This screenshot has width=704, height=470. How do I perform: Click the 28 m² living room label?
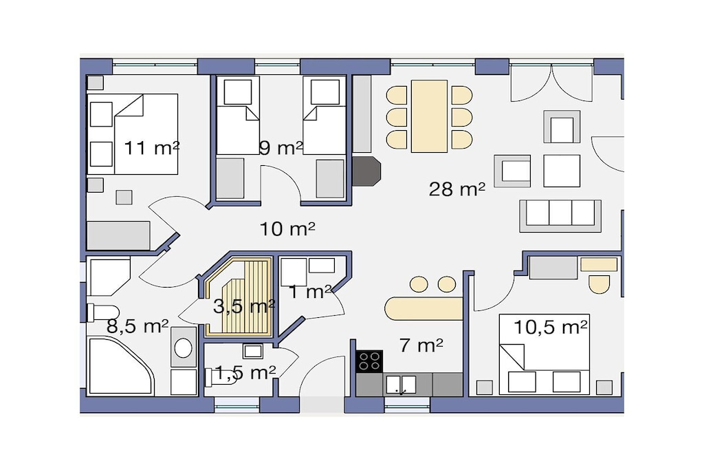point(456,189)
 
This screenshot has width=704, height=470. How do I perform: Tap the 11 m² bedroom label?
point(151,147)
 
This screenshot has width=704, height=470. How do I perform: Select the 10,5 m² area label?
point(550,327)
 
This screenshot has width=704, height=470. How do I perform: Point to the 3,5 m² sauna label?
point(244,306)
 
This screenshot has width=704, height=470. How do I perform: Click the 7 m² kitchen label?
point(421,345)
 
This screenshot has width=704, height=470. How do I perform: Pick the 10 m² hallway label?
point(287,228)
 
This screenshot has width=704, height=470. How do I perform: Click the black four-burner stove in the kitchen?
point(369,361)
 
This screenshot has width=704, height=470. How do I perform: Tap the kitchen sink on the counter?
point(401,385)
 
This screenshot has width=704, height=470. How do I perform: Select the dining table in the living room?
point(429,116)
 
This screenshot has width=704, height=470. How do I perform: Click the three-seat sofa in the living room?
point(560,215)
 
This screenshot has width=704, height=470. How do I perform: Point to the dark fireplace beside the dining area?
point(366,171)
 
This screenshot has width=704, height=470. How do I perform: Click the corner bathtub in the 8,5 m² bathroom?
point(120,366)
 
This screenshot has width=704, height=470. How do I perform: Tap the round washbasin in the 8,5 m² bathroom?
point(183,348)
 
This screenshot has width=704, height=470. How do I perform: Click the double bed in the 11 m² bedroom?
point(133,134)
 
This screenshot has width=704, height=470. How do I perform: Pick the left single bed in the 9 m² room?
point(238,115)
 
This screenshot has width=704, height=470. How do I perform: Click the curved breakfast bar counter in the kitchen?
point(423,309)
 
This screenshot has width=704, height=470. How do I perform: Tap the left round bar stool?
point(419,284)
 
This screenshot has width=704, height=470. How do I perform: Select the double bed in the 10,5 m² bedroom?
point(544,354)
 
